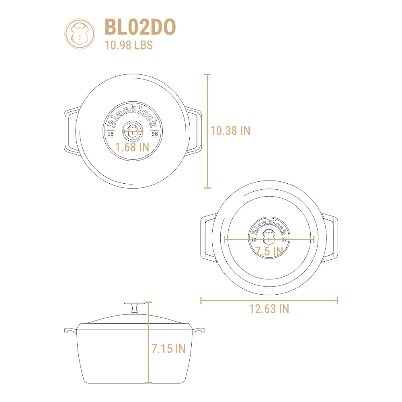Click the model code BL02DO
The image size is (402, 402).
tap(140, 27)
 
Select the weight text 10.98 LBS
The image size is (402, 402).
tap(129, 45)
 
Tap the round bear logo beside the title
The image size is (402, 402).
tap(80, 34)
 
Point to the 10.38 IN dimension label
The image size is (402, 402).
tap(230, 131)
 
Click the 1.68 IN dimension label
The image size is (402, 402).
tap(132, 147)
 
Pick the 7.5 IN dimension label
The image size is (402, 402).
tap(269, 251)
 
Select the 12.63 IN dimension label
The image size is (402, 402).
tap(269, 309)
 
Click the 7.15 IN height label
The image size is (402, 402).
tap(168, 349)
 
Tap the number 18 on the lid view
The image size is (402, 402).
tap(111, 134)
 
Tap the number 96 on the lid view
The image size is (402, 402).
tap(155, 134)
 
